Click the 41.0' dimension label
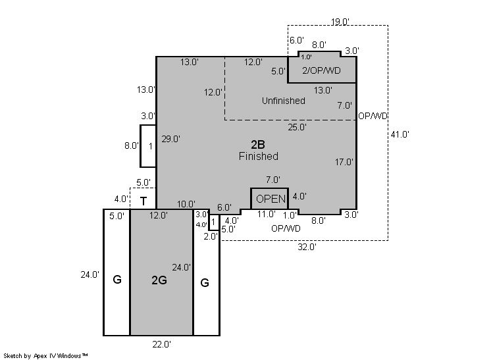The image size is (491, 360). point(400,134)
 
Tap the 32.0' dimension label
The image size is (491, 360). point(307,247)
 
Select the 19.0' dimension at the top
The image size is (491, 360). point(340,22)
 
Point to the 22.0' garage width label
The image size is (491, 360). point(161,344)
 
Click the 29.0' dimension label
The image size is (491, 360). point(170,139)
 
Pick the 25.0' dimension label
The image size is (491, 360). point(297,127)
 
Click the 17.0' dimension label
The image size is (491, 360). point(344,162)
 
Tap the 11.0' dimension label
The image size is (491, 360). point(267,214)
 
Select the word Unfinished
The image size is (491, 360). point(284,101)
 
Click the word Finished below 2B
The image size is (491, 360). point(259,156)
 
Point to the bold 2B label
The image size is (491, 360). point(258,144)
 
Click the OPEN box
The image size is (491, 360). point(270,199)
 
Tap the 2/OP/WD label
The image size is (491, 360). point(321,70)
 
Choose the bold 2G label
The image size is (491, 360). point(159,280)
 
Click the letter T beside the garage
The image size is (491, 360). point(143,201)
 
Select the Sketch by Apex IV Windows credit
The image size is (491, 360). point(45,355)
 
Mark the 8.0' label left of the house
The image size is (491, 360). point(132,145)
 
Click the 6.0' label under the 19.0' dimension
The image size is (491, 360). point(296,40)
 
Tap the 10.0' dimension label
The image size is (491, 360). point(186,204)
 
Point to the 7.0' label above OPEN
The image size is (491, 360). point(273,180)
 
